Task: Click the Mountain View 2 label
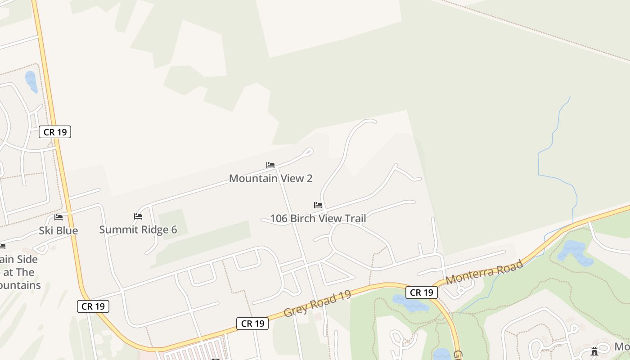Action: click(270, 178)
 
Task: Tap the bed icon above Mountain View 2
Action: click(270, 165)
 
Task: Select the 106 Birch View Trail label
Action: click(318, 219)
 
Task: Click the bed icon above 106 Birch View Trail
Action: click(318, 205)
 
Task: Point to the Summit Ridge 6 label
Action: click(138, 229)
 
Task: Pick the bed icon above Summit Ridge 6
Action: click(138, 216)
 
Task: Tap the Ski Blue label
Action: click(58, 230)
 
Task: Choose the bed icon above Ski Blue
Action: click(58, 217)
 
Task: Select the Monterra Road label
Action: click(484, 272)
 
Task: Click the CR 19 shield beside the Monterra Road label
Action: click(422, 292)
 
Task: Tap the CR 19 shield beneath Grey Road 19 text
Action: click(252, 323)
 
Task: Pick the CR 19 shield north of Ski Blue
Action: click(55, 132)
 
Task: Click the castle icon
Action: click(594, 351)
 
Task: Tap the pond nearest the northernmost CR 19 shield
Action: click(31, 81)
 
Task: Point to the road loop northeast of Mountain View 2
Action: click(308, 152)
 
